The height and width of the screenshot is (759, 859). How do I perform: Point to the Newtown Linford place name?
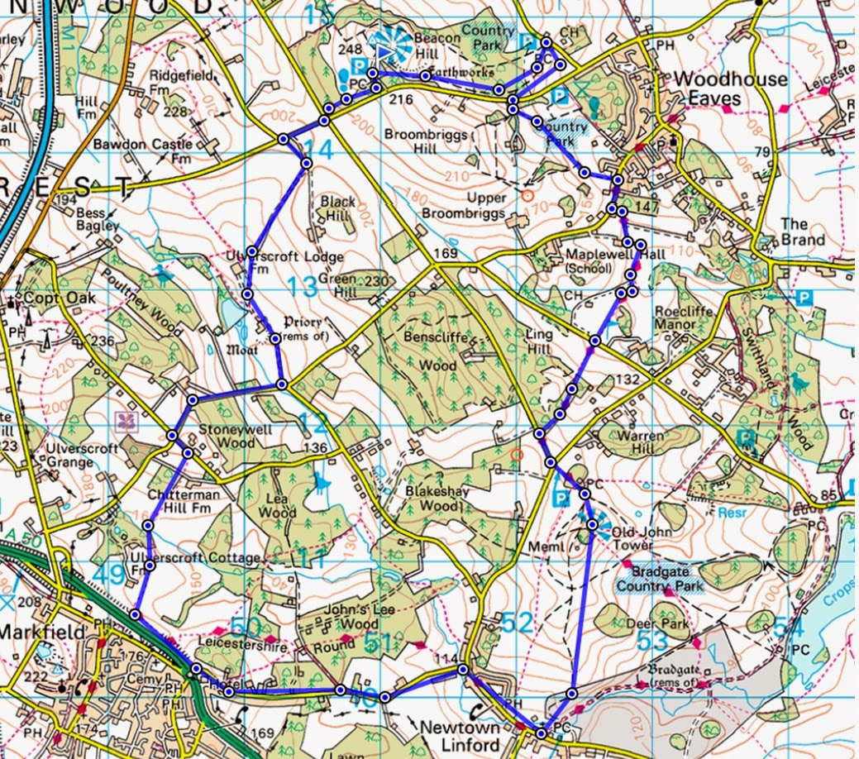point(461,736)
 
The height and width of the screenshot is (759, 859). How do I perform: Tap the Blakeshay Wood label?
point(432,498)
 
